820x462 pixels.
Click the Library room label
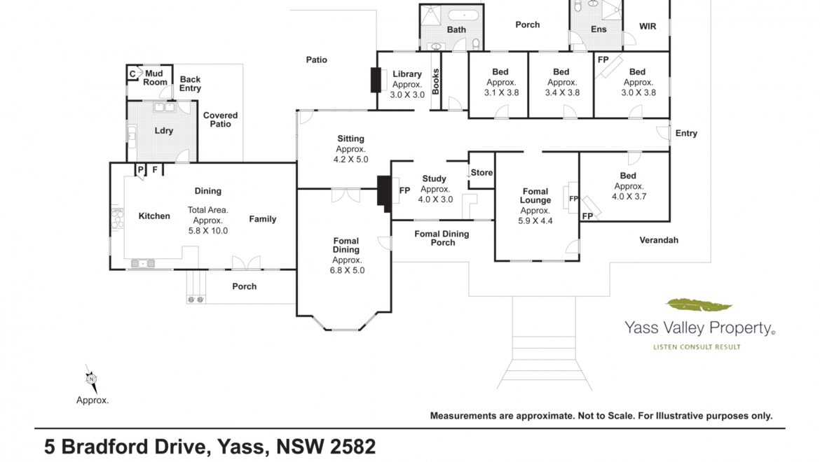click(x=407, y=74)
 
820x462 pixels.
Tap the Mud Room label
click(x=155, y=78)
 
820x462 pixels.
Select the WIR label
click(x=648, y=26)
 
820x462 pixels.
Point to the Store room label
click(x=481, y=172)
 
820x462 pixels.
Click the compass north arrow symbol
click(x=92, y=379)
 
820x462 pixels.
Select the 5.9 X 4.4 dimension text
click(x=535, y=220)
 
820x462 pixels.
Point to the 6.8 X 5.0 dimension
click(x=347, y=270)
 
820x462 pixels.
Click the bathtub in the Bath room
click(x=464, y=15)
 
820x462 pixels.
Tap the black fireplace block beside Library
click(x=376, y=80)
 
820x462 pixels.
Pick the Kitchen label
click(x=154, y=216)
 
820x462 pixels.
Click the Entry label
click(x=686, y=134)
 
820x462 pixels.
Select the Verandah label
click(x=659, y=240)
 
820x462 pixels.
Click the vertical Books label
click(x=436, y=82)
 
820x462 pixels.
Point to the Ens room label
click(x=599, y=29)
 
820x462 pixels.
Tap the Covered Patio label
click(x=220, y=120)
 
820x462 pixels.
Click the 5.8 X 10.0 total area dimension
click(x=208, y=231)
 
